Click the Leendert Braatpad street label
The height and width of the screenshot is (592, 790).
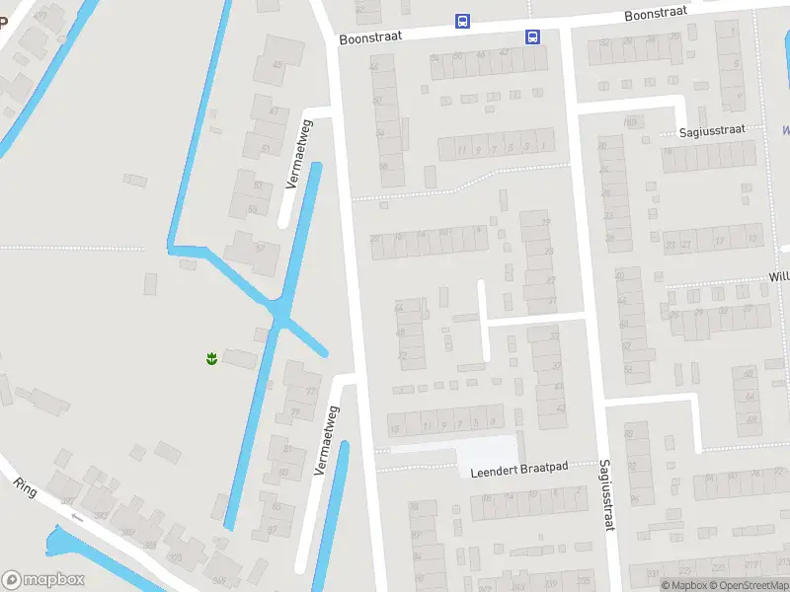(519, 469)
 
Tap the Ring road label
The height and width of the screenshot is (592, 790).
(26, 488)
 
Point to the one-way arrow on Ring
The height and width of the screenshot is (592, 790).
(76, 518)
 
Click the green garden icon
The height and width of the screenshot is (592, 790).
(211, 357)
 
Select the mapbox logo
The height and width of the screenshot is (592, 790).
(43, 580)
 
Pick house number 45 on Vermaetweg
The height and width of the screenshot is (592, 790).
(277, 66)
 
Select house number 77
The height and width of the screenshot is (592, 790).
(312, 392)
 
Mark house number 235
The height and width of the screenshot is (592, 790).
(584, 579)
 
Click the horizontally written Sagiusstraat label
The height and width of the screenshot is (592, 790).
(712, 131)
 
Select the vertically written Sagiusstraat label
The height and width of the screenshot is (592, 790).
(605, 495)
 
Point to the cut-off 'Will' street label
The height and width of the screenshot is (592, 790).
(778, 277)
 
